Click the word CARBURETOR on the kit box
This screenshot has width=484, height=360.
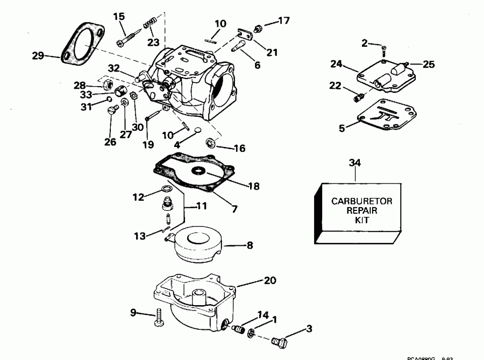(x=362, y=201)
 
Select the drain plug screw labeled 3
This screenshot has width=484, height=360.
(x=280, y=341)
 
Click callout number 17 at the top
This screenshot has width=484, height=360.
(x=283, y=22)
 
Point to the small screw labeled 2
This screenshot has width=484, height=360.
(x=383, y=50)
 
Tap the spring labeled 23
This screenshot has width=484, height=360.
(x=149, y=25)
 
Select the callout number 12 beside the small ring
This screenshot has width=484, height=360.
(x=139, y=197)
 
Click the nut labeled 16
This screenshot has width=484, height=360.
(x=211, y=143)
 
